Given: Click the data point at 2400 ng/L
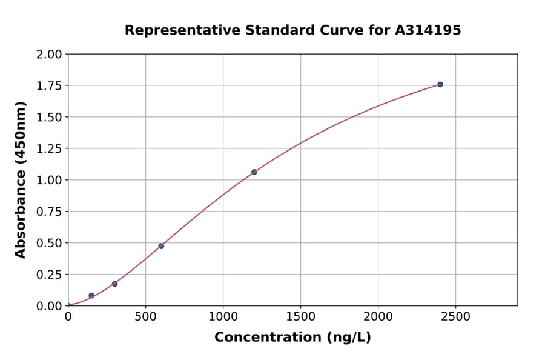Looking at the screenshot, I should click(x=440, y=84).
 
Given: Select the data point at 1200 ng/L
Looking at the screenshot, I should click(x=254, y=172).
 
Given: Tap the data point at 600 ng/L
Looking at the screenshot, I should click(x=161, y=246).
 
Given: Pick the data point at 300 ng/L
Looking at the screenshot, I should click(x=114, y=284).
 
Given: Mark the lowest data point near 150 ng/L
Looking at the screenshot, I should click(x=91, y=296).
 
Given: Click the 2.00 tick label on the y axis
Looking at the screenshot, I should click(x=50, y=55).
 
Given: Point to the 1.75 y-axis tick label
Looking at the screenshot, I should click(x=50, y=86).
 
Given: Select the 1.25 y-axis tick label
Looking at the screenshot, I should click(x=50, y=149).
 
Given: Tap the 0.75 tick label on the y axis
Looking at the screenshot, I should click(x=50, y=212).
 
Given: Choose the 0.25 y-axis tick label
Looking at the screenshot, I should click(x=50, y=275).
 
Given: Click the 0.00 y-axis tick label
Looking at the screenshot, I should click(x=50, y=306).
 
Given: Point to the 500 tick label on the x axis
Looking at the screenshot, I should click(x=145, y=317).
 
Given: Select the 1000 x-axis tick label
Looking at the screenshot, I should click(x=223, y=317).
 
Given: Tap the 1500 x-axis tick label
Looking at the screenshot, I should click(x=301, y=317).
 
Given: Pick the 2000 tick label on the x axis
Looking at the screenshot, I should click(x=378, y=317).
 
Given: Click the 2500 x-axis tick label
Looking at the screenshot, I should click(x=456, y=317).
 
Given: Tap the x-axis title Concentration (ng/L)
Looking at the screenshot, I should click(x=292, y=338).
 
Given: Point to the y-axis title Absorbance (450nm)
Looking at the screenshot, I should click(x=21, y=180).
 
